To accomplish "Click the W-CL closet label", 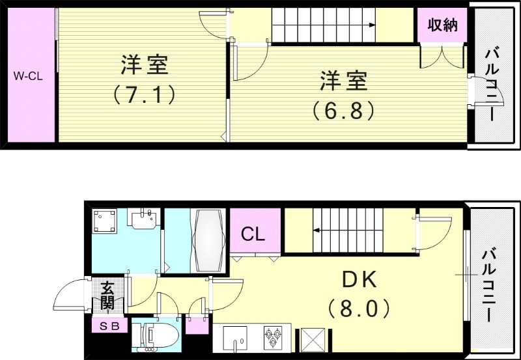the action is point(28,76).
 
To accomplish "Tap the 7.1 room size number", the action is point(144,94).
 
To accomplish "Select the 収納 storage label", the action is point(442,25).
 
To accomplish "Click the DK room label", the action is point(360,280).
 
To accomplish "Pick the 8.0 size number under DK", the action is point(359,308).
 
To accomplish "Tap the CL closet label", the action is point(253,234).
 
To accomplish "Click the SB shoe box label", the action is point(109,326).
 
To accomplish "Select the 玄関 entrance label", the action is point(107,295).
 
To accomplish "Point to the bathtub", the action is point(208,241).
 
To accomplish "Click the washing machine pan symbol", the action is point(105,221).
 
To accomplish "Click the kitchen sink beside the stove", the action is point(235,337).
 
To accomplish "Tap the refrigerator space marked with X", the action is point(313,339).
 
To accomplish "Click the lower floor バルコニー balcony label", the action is point(488,286).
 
